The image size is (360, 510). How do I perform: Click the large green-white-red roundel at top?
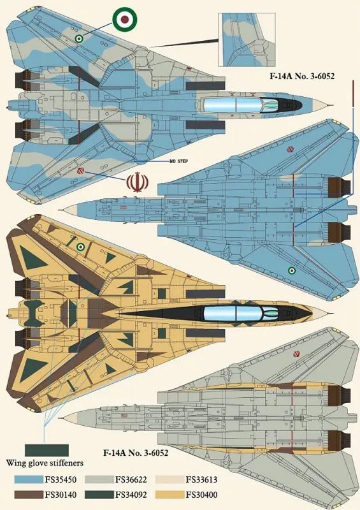pyautogui.click(x=125, y=20)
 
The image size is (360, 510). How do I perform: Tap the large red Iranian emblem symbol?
pyautogui.click(x=137, y=182)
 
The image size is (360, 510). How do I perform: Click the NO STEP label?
pyautogui.click(x=178, y=161)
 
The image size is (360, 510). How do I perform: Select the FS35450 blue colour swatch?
pyautogui.click(x=29, y=479)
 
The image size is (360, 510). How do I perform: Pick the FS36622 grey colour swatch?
pyautogui.click(x=99, y=479)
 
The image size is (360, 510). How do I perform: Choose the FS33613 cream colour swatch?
pyautogui.click(x=169, y=479)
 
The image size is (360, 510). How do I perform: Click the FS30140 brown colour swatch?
pyautogui.click(x=29, y=495)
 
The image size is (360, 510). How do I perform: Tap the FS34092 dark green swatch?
pyautogui.click(x=99, y=495)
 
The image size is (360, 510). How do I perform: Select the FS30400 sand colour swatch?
pyautogui.click(x=169, y=495)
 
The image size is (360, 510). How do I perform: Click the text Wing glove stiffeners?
pyautogui.click(x=45, y=463)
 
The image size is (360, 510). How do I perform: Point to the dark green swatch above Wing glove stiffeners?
pyautogui.click(x=47, y=451)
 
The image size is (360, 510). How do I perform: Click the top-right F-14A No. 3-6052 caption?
pyautogui.click(x=302, y=76)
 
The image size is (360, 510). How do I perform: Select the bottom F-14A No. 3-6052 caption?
pyautogui.click(x=136, y=453)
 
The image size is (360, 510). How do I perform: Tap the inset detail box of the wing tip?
pyautogui.click(x=247, y=40)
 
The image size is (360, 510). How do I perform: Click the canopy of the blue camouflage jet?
pyautogui.click(x=241, y=105)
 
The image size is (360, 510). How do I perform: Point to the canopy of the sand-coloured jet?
pyautogui.click(x=241, y=313)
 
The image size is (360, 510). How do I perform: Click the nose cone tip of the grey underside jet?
pyautogui.click(x=64, y=418)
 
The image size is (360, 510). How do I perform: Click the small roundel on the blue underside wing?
pyautogui.click(x=292, y=270)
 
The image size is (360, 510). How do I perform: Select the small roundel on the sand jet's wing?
pyautogui.click(x=80, y=247)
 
